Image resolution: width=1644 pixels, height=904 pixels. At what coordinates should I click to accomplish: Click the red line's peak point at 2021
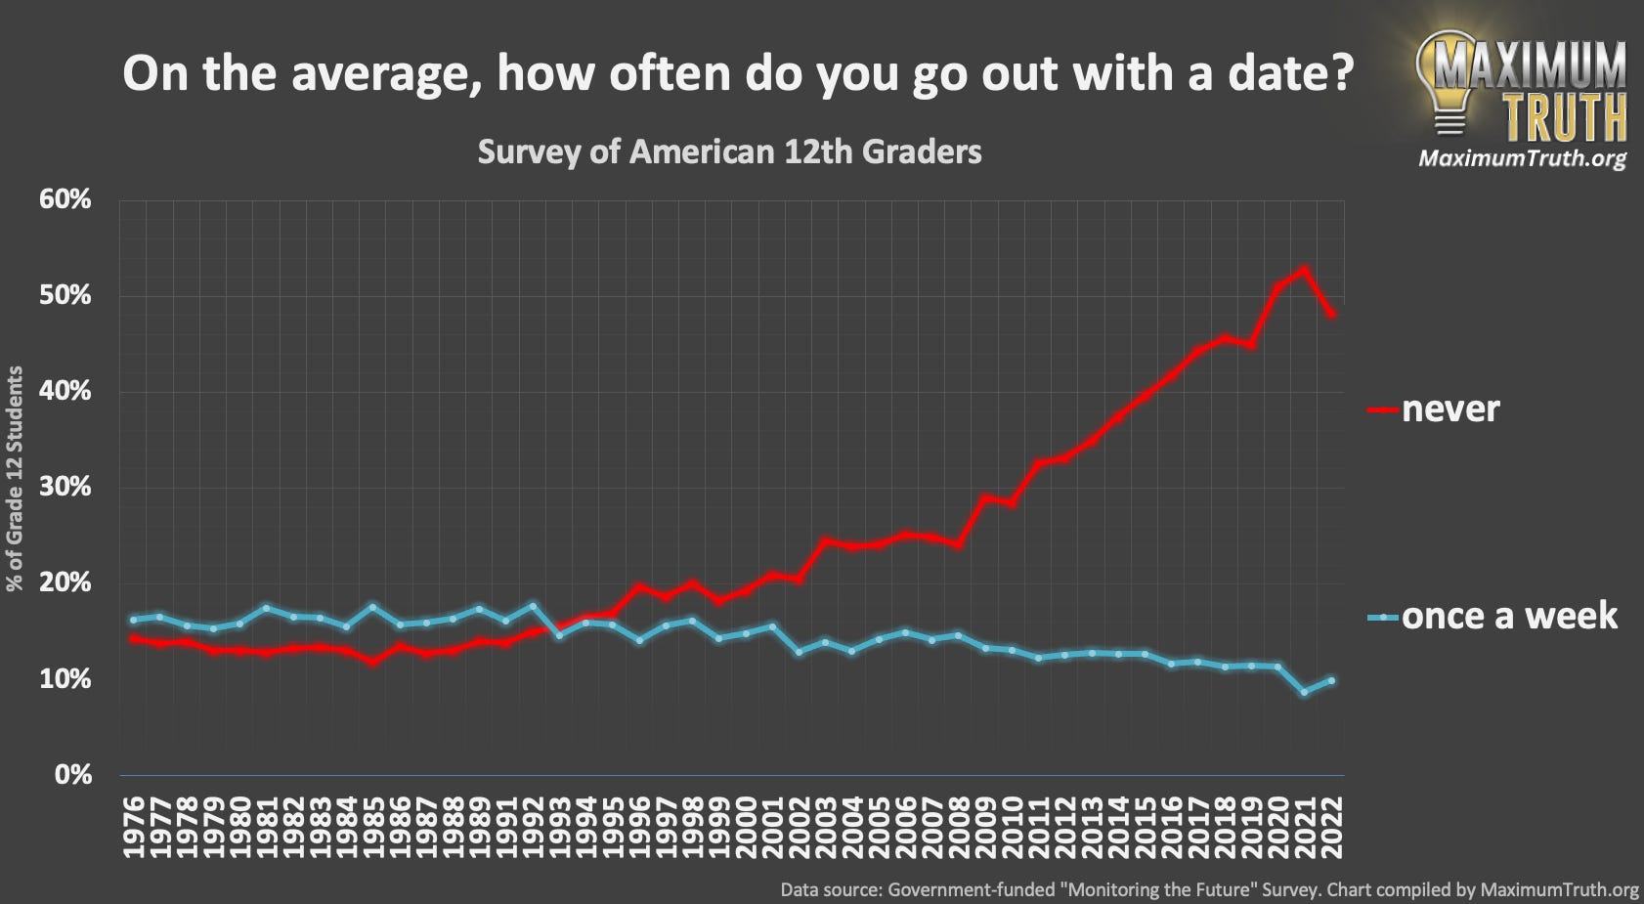point(1304,270)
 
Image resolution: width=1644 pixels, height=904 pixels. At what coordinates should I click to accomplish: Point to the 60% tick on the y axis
point(65,199)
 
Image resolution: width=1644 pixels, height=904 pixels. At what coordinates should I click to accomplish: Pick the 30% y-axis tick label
point(65,487)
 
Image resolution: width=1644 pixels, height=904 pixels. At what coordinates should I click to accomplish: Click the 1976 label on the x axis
point(134,827)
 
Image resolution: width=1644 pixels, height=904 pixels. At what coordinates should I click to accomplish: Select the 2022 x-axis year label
point(1331,827)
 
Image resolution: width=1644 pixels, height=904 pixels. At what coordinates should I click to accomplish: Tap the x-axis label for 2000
point(746,827)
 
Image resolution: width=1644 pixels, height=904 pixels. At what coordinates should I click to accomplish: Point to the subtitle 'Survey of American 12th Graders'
point(729,152)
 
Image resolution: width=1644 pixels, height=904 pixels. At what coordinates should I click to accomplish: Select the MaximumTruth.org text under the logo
point(1522,158)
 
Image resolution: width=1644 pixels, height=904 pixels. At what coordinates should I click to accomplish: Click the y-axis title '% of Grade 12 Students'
point(15,479)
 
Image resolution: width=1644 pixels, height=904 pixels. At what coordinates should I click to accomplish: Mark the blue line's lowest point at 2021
point(1304,692)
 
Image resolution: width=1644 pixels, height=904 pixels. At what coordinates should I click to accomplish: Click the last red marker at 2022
point(1331,314)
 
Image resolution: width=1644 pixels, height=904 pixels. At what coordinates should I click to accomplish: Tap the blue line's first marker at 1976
point(134,620)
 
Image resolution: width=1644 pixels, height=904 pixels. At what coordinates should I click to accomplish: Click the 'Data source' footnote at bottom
point(1209,890)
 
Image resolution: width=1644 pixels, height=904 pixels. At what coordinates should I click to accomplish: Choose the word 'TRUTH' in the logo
point(1564,117)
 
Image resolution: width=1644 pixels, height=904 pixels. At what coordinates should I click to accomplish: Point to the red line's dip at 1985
point(372,662)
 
